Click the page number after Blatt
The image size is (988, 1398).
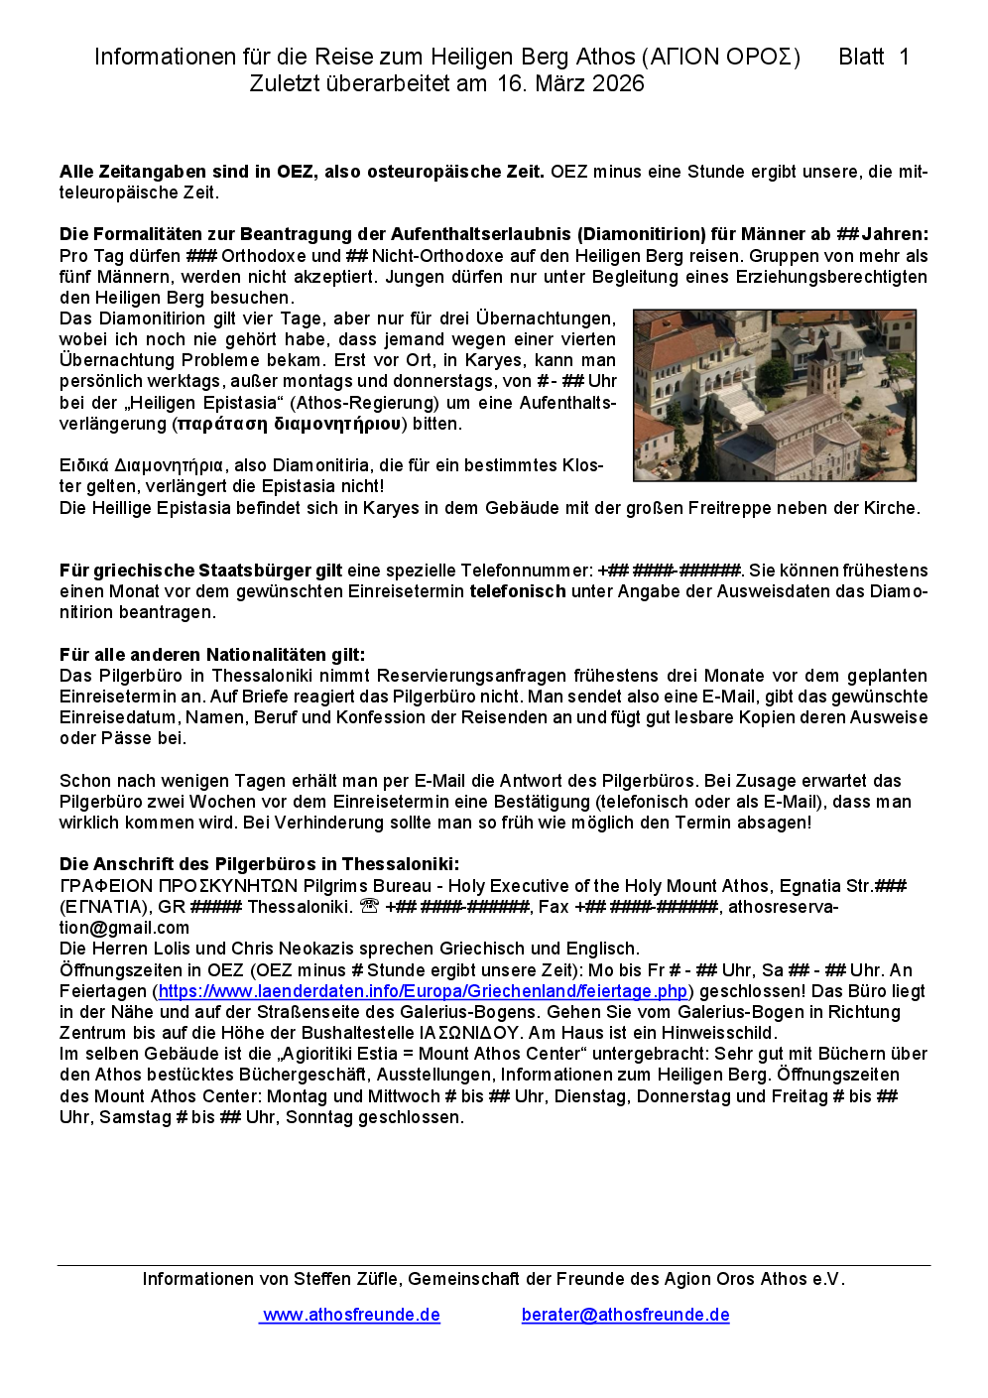click(x=904, y=58)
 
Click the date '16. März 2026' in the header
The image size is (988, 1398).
click(x=570, y=84)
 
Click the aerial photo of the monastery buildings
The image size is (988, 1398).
click(x=774, y=395)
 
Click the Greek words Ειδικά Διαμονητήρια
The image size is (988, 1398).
click(x=141, y=465)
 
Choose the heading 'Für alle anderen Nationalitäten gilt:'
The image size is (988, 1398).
click(x=212, y=655)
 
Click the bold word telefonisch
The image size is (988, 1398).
click(x=518, y=591)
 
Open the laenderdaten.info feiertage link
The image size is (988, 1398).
click(x=423, y=991)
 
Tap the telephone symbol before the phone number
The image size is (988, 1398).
click(x=369, y=906)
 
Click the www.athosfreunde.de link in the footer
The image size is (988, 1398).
click(x=351, y=1315)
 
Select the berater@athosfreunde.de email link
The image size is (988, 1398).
click(x=625, y=1315)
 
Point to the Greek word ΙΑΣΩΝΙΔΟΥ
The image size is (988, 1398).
click(x=470, y=1033)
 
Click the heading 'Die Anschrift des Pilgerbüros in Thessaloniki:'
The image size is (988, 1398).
click(x=259, y=864)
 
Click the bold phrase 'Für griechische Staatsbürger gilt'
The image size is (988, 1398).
click(x=200, y=571)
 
